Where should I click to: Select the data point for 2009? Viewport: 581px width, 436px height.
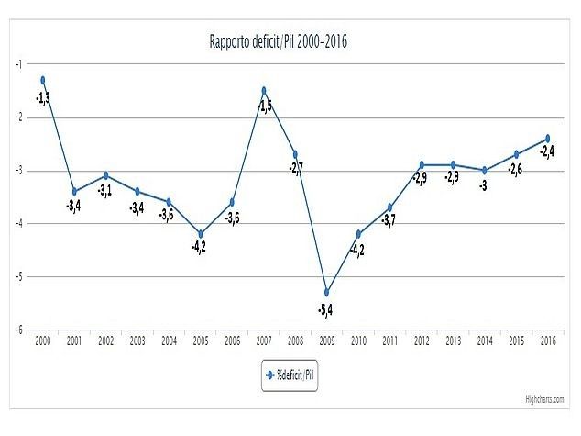click(326, 292)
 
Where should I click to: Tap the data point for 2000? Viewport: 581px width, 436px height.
click(43, 80)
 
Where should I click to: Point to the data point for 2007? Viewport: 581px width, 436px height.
click(264, 90)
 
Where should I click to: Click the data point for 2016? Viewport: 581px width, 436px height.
click(547, 138)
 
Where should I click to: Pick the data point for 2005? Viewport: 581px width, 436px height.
click(201, 233)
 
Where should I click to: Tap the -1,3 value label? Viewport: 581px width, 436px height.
click(43, 98)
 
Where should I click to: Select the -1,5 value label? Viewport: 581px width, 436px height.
click(265, 107)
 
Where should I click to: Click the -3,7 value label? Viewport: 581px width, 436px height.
click(389, 223)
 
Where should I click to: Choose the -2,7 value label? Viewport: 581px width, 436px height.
click(296, 169)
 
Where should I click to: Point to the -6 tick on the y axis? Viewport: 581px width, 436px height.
click(18, 330)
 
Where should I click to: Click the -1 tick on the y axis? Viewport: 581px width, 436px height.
click(18, 64)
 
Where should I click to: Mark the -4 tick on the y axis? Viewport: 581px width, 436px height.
click(18, 224)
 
